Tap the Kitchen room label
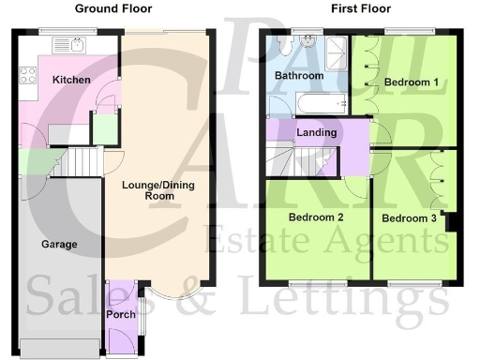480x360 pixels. pos(71,80)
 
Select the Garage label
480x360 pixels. pos(58,244)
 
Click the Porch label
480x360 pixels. pos(121,314)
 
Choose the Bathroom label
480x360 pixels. pos(298,75)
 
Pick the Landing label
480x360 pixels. pos(316,132)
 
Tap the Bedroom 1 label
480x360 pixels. pos(412,82)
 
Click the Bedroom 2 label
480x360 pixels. pos(315,217)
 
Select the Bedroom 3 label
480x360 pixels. pos(409,218)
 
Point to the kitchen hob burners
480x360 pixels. pos(23,74)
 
